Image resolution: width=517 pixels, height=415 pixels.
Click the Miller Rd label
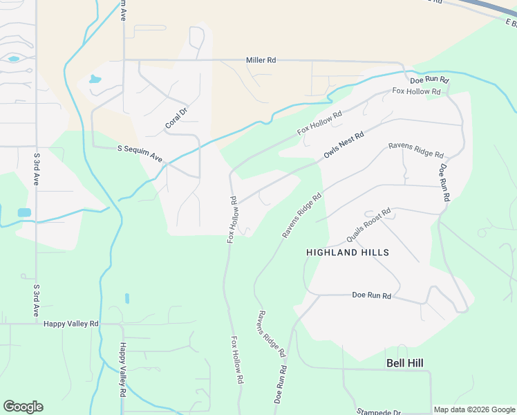click(261, 60)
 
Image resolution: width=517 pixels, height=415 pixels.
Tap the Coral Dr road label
click(176, 118)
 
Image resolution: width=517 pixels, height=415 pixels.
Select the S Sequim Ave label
click(140, 154)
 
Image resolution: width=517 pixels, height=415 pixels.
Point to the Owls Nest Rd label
click(344, 145)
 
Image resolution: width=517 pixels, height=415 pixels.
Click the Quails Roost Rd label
click(368, 225)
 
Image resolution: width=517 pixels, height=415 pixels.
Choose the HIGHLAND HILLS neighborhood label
click(348, 252)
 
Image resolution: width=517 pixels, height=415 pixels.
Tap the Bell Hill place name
click(404, 363)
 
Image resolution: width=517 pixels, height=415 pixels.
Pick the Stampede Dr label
click(379, 412)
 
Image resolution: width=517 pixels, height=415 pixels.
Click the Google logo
click(23, 407)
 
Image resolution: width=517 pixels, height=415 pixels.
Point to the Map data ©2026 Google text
click(473, 409)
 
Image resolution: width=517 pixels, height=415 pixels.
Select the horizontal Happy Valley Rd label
click(71, 323)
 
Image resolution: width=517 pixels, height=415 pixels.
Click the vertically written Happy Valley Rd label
click(123, 370)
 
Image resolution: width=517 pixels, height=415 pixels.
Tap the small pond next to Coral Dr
click(94, 79)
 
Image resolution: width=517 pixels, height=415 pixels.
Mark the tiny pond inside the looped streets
click(13, 59)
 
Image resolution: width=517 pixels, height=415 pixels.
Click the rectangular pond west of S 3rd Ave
click(24, 212)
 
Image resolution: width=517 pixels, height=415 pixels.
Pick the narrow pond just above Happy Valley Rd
click(127, 298)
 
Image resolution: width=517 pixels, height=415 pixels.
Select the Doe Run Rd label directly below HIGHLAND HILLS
click(372, 295)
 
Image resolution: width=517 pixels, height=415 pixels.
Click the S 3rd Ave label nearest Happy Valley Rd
click(36, 298)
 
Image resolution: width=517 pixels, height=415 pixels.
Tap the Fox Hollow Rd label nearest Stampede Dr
click(237, 360)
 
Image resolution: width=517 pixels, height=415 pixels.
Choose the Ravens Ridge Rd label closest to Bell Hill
click(272, 333)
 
